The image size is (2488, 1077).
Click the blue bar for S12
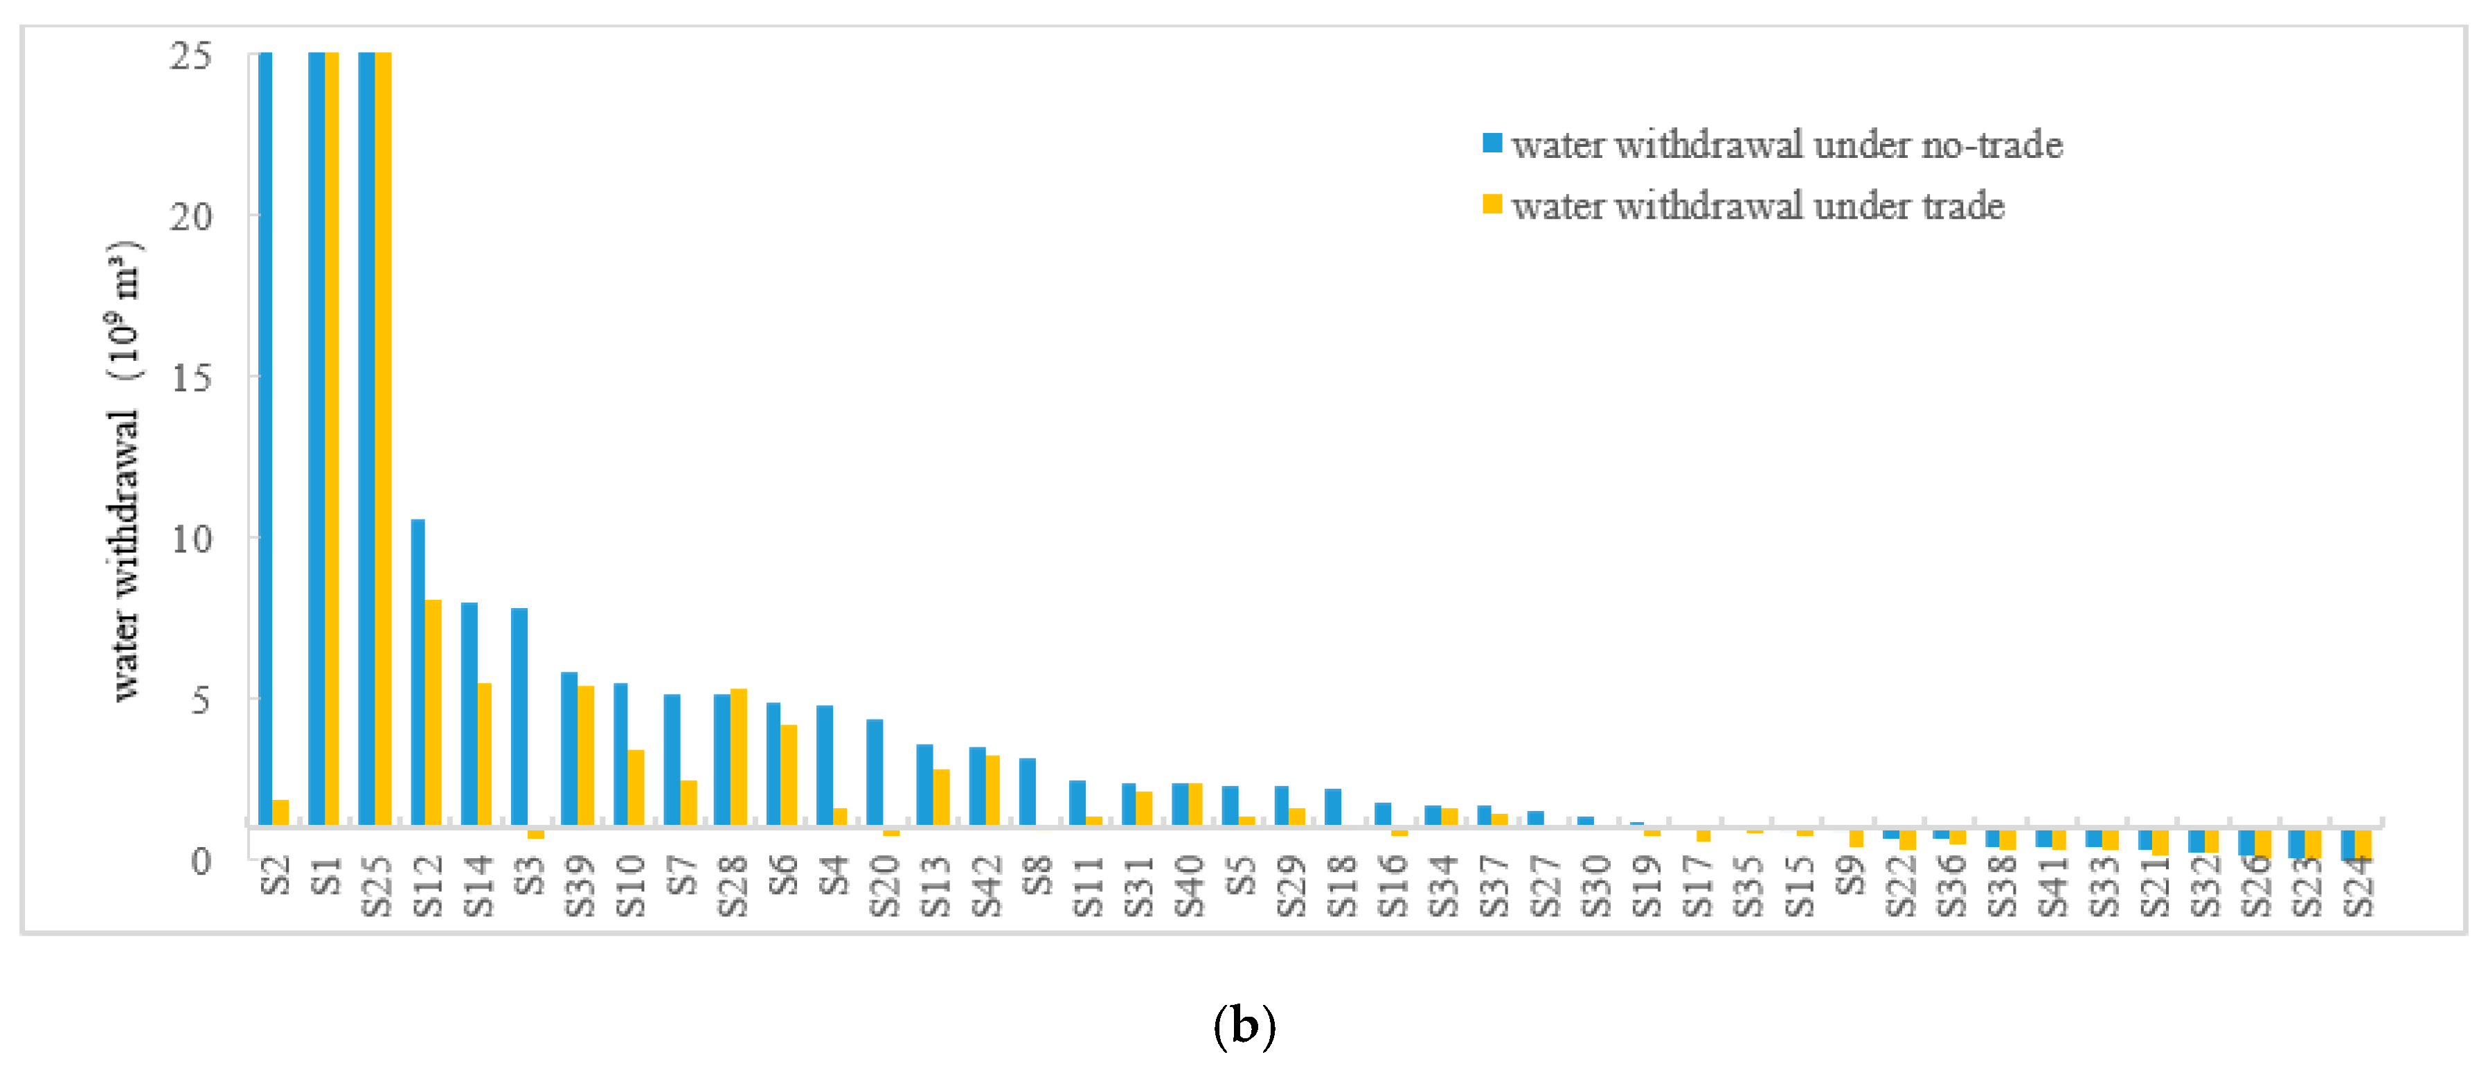[x=418, y=671]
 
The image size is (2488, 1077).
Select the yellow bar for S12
[x=433, y=712]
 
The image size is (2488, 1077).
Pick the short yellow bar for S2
[x=280, y=812]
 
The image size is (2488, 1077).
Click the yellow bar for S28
[x=739, y=756]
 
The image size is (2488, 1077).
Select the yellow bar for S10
[x=636, y=787]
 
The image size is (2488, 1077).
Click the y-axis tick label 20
[x=190, y=216]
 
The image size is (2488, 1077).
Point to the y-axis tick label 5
[x=200, y=700]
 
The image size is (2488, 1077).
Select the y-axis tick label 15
[x=190, y=377]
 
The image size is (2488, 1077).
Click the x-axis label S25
[x=376, y=887]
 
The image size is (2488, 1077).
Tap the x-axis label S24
[x=2358, y=887]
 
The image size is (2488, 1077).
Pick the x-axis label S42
[x=986, y=887]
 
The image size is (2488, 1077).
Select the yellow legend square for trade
[x=1492, y=205]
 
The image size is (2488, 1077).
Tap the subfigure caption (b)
[x=1243, y=1026]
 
